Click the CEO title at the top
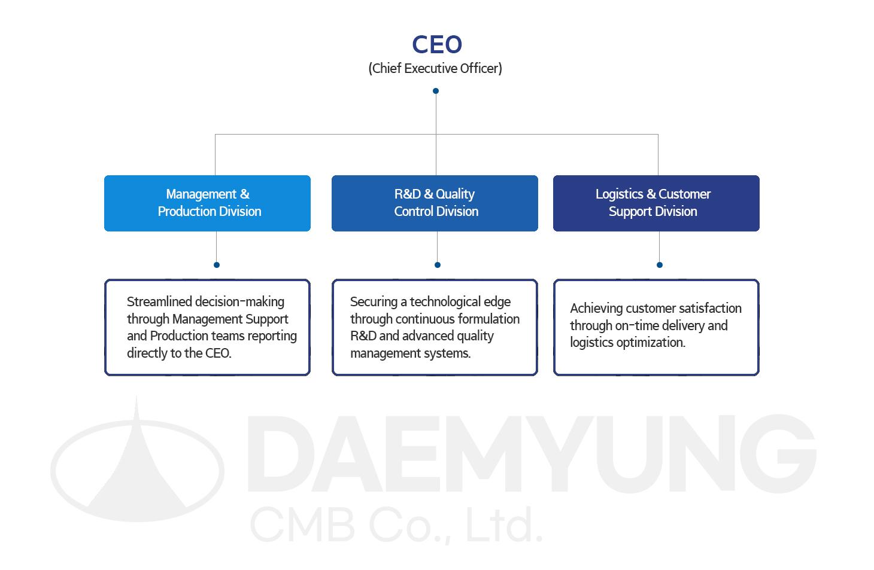(437, 45)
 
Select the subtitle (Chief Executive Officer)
(435, 68)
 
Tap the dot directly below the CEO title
(436, 91)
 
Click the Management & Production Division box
(207, 203)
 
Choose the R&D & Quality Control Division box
(435, 203)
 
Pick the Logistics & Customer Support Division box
(656, 203)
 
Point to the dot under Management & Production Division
(217, 265)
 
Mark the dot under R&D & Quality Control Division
(438, 265)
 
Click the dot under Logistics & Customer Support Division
(660, 265)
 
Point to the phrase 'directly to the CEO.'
(179, 353)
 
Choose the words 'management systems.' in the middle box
(410, 353)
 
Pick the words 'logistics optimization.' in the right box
(627, 342)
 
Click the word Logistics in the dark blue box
(619, 194)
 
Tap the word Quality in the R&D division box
(455, 194)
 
